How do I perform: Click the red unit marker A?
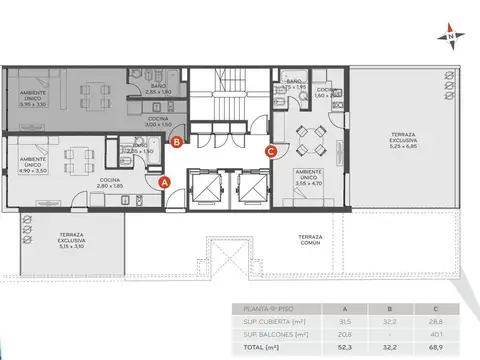click(x=166, y=181)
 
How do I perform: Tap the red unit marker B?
click(x=176, y=143)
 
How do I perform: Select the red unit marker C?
click(x=271, y=151)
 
